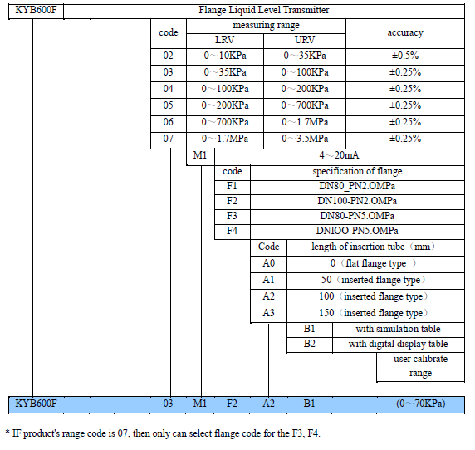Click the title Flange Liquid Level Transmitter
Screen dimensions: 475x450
[264, 10]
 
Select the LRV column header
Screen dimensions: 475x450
[224, 40]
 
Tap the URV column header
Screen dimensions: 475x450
[305, 40]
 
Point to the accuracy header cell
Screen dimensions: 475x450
[405, 32]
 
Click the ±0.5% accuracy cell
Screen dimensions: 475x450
[405, 56]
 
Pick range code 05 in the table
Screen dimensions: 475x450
[168, 105]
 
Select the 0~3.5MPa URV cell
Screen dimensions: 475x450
[305, 139]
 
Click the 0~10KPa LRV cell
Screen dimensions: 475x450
[225, 56]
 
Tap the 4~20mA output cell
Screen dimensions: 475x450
[339, 155]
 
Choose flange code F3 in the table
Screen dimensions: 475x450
[232, 216]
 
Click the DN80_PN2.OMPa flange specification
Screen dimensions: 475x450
[357, 186]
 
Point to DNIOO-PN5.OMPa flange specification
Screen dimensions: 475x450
[357, 231]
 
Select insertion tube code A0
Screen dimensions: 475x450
[269, 263]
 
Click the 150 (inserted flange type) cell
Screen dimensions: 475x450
[373, 313]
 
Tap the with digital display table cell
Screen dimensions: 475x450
[398, 344]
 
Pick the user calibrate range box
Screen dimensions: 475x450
[420, 366]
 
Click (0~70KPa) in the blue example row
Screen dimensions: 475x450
[421, 404]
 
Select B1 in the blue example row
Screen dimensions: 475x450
[309, 404]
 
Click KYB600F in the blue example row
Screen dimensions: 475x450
[36, 404]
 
